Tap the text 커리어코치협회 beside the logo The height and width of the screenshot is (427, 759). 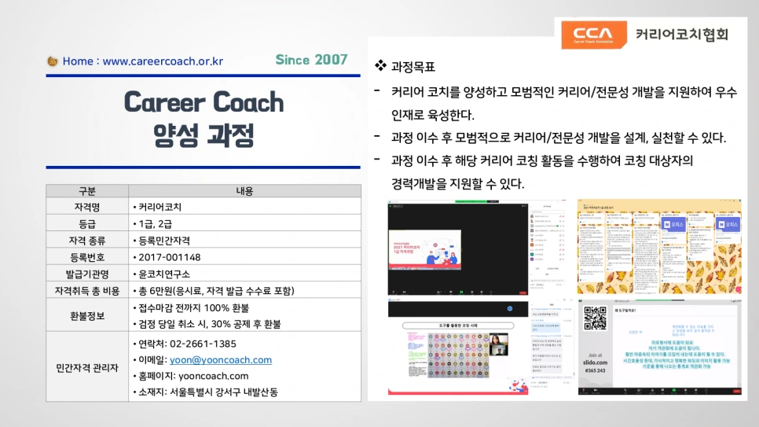tap(682, 34)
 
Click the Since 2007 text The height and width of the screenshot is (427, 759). tap(311, 60)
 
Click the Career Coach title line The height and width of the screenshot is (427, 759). tap(203, 102)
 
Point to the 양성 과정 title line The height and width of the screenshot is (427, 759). tap(203, 135)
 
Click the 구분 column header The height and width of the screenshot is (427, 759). tap(87, 191)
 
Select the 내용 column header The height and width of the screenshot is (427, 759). tap(244, 191)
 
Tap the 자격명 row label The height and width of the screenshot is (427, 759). tap(87, 208)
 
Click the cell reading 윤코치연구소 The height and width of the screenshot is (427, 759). tap(164, 274)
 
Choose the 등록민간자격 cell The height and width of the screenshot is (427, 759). tap(164, 241)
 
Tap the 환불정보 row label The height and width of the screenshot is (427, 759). tap(87, 315)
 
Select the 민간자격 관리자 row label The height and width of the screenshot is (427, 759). tap(87, 367)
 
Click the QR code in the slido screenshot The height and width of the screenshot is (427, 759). tap(595, 318)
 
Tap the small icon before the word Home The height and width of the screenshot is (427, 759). tap(53, 61)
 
